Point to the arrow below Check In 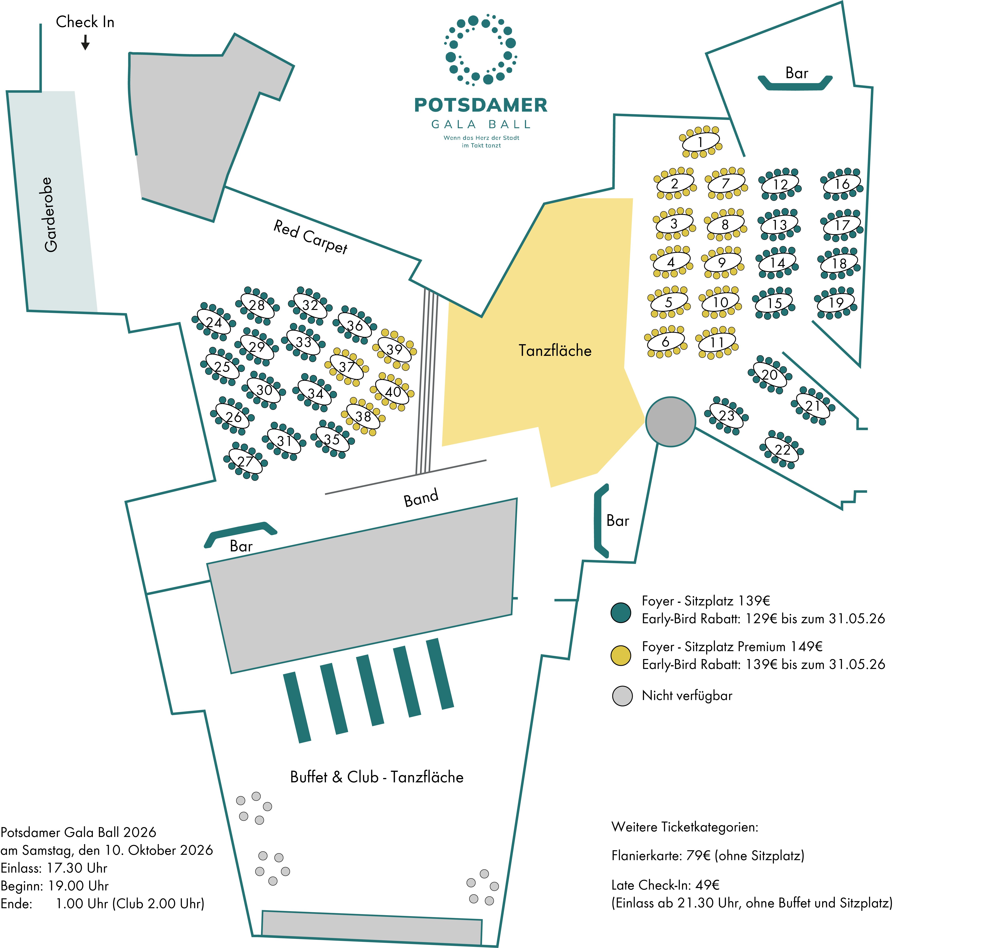85,43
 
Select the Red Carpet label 311,237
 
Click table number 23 726,415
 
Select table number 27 245,461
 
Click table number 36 355,325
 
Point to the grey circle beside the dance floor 671,421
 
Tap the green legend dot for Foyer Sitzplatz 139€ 621,612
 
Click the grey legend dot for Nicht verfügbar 622,696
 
